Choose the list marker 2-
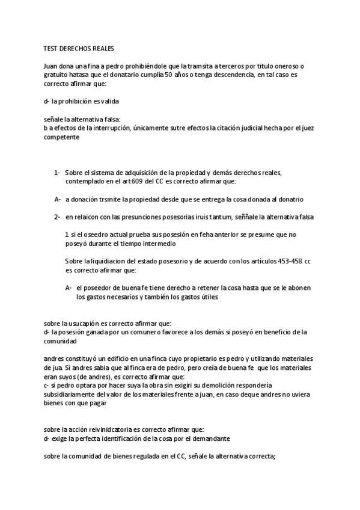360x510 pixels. click(x=57, y=216)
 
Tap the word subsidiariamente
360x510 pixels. click(x=73, y=394)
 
